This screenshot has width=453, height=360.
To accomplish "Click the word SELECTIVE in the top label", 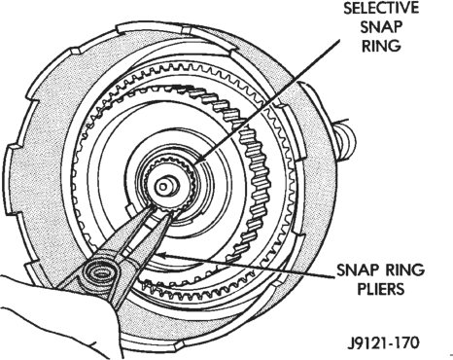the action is coord(381,8).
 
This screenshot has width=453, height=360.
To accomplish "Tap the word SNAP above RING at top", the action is coord(381,27).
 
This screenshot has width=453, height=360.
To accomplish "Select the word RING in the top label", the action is coord(381,46).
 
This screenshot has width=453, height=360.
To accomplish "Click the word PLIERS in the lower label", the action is coord(381,288).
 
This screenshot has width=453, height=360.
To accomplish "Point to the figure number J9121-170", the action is coord(383,342).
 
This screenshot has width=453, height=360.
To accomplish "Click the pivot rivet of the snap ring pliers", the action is coord(102,273).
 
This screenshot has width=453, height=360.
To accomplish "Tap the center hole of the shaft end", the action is coord(162,187).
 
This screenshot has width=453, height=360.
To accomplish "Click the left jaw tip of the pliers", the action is coord(152,208).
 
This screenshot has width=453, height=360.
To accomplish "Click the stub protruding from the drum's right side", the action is coord(344,139).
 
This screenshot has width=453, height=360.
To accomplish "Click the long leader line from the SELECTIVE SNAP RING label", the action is coord(266,99).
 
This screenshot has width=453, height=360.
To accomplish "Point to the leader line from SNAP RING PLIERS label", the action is coord(245,267).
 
